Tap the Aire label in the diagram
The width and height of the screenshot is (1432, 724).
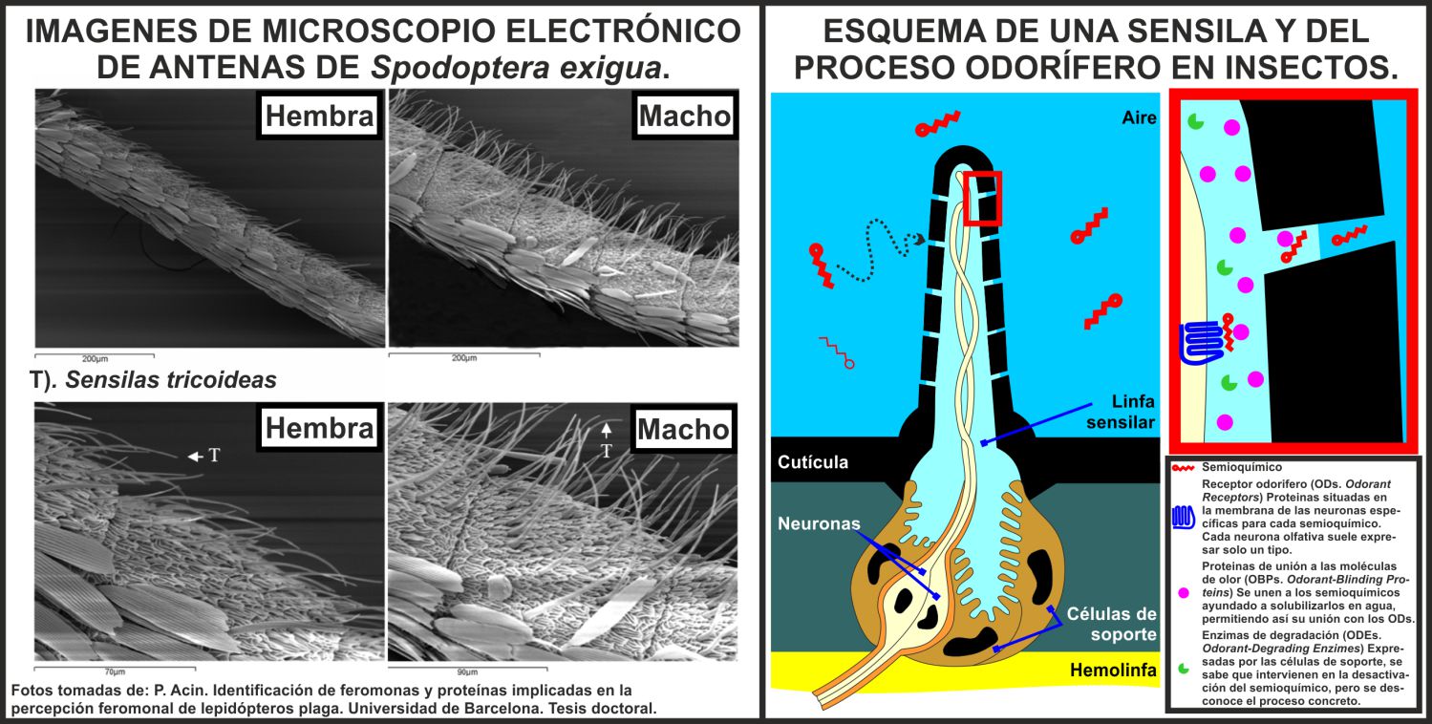click(x=1139, y=118)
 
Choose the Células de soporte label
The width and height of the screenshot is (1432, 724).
click(x=1113, y=624)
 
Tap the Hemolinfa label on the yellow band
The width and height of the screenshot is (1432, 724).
click(x=1111, y=671)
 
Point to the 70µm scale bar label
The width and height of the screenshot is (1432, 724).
click(x=115, y=671)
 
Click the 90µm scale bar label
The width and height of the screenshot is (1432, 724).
click(x=468, y=671)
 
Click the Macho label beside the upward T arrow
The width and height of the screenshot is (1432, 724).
click(x=682, y=429)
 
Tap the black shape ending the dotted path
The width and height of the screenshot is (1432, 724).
click(x=919, y=240)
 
